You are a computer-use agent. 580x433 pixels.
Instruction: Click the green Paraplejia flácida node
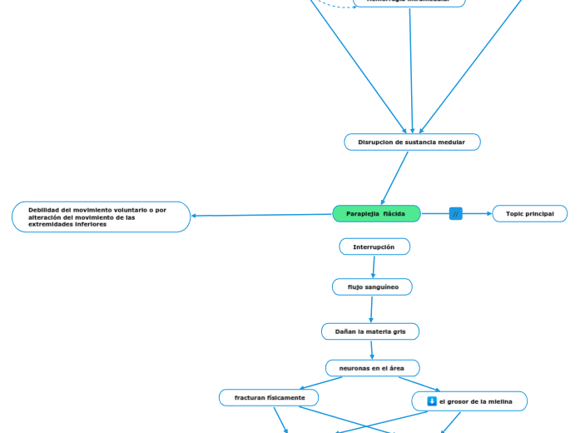pos(376,214)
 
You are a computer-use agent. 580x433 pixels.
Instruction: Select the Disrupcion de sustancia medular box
pos(412,142)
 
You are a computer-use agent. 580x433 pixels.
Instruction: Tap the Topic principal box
pos(530,214)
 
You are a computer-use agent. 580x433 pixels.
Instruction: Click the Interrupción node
pos(374,247)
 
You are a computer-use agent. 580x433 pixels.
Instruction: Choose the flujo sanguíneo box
pos(372,287)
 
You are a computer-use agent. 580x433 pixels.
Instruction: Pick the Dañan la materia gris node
pos(370,331)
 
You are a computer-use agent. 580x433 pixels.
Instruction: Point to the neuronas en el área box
pos(372,368)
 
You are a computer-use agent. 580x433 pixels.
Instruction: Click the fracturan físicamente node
pos(269,398)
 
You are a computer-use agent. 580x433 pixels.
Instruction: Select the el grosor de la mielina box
pos(469,401)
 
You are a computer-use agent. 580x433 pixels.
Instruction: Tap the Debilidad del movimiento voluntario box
pos(101,217)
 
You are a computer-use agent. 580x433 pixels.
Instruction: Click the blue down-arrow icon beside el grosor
pos(432,401)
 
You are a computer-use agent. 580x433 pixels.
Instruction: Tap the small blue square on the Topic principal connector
pos(456,214)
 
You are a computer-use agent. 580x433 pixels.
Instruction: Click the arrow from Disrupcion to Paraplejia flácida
pos(395,177)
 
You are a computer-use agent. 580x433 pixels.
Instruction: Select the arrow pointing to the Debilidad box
pos(261,216)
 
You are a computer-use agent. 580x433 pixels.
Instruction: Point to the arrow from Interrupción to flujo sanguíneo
pos(374,266)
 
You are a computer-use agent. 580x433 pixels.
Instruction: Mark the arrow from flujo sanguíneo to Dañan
pos(371,309)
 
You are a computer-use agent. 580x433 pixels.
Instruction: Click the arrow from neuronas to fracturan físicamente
pos(320,383)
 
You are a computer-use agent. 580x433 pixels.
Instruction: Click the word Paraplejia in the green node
pos(363,214)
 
